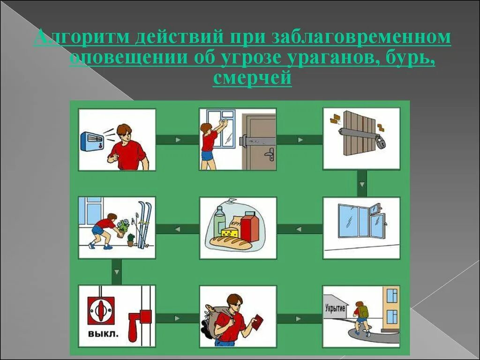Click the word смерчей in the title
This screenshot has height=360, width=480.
pyautogui.click(x=252, y=78)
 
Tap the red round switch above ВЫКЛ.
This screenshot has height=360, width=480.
pyautogui.click(x=101, y=310)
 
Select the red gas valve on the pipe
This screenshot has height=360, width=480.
pyautogui.click(x=138, y=323)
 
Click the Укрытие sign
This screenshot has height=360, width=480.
pyautogui.click(x=335, y=308)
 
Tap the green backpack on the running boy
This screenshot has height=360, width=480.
pyautogui.click(x=364, y=310)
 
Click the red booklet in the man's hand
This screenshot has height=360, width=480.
pyautogui.click(x=257, y=322)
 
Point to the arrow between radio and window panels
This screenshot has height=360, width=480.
pyautogui.click(x=177, y=140)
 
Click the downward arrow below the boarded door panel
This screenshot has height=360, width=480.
pyautogui.click(x=361, y=183)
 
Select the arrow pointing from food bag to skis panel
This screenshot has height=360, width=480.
pyautogui.click(x=177, y=229)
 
